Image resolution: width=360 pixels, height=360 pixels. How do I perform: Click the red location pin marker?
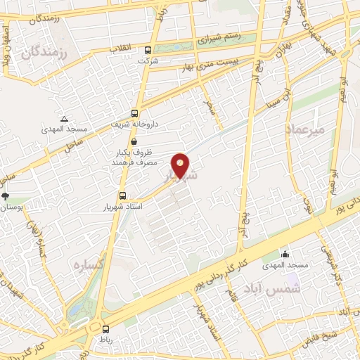(x=181, y=165)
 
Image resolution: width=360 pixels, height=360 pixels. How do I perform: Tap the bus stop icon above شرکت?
(x=148, y=51)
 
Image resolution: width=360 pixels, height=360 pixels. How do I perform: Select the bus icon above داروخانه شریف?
(x=134, y=113)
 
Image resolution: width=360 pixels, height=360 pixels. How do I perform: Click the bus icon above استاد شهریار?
(x=122, y=196)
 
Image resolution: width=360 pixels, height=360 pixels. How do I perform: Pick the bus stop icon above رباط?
(x=105, y=328)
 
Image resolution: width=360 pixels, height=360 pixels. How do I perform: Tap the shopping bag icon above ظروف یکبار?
(x=134, y=141)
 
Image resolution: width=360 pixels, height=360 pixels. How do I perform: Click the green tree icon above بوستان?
(x=6, y=196)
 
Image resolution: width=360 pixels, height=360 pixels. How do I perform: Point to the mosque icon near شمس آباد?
(x=285, y=254)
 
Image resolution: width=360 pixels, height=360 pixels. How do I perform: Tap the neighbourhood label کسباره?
(x=86, y=265)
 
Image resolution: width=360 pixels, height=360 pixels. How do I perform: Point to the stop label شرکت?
(x=148, y=61)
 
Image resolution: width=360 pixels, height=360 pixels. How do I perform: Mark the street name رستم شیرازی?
(x=220, y=36)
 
